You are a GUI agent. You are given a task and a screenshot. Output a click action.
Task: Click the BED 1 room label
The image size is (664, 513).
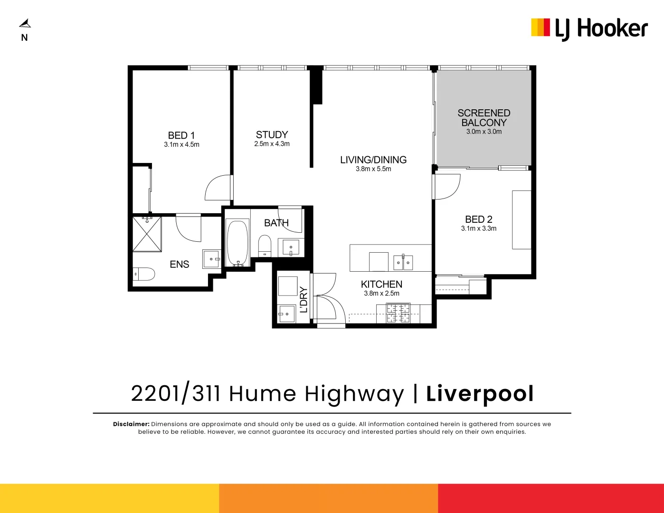181,135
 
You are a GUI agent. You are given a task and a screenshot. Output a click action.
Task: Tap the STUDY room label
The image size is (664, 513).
272,135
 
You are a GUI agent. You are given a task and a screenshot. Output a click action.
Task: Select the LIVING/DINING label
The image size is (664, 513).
373,160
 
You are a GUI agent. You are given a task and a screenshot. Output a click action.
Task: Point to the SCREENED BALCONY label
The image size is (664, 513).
484,118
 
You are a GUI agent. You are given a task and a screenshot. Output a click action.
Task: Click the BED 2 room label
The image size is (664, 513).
479,219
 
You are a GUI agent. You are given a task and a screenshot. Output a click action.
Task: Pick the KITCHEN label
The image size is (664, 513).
381,285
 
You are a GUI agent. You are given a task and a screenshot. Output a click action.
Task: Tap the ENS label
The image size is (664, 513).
180,265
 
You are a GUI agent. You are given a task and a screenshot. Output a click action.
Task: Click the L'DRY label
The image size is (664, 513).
304,300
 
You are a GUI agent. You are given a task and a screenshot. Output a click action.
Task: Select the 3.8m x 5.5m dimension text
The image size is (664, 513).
373,169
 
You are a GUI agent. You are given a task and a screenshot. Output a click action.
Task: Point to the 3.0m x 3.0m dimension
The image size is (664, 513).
484,132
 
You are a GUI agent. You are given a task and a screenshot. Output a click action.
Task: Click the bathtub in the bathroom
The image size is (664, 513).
237,243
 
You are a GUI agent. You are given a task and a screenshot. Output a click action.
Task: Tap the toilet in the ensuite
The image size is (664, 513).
144,274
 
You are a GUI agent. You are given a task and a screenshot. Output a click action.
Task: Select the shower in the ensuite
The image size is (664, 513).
147,234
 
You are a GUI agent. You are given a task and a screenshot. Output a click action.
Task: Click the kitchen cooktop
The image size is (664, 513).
398,313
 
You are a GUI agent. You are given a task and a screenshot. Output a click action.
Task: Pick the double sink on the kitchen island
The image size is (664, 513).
403,262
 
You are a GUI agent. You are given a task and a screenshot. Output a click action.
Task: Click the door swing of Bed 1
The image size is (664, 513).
218,188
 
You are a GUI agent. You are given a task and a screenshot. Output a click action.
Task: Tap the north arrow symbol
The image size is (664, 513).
25,23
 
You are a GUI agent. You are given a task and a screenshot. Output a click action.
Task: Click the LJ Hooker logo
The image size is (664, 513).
589,28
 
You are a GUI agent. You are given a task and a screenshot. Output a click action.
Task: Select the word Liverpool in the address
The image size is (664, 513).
480,394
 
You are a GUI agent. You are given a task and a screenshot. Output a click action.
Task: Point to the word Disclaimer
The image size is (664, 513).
131,424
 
